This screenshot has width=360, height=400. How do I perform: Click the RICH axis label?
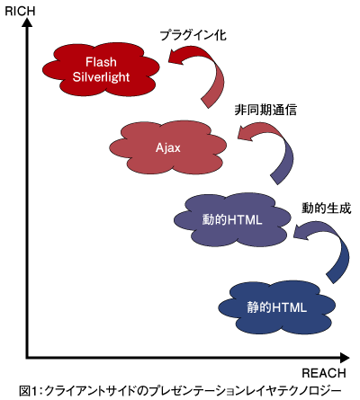coord(20,12)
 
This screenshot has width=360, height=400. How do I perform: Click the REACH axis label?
coord(324,373)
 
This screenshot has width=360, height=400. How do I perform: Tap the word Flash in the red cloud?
coord(101,62)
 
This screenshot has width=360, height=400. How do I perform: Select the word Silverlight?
coord(101,77)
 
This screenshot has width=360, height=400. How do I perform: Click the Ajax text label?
coord(168,147)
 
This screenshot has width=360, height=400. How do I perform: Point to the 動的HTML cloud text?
coord(232,220)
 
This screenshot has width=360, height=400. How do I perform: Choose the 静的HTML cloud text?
coord(276,307)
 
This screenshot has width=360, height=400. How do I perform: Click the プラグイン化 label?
coord(193,35)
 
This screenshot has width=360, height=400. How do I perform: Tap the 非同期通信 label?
coord(265,110)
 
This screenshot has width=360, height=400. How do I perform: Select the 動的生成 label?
coord(327,209)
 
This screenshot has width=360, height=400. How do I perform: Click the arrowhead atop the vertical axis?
coord(27,22)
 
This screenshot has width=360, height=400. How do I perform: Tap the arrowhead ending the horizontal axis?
coord(345,358)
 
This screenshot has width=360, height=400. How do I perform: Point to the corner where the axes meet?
coord(27,358)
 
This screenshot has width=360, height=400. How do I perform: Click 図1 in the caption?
coord(28,391)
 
